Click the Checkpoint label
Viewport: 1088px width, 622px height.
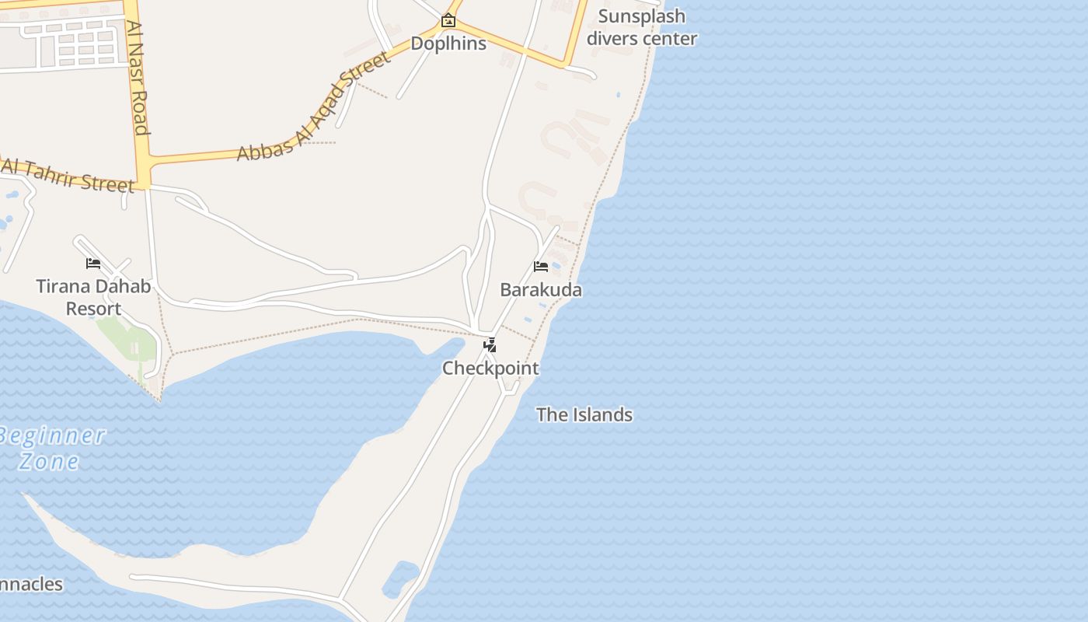(490, 368)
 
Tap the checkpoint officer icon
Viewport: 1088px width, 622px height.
(490, 344)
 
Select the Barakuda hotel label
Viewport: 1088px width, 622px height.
(541, 290)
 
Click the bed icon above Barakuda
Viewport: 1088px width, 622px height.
(541, 267)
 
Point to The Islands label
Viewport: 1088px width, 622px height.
(584, 414)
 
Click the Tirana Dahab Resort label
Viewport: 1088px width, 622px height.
(93, 297)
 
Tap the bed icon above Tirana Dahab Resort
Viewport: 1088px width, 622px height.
(93, 263)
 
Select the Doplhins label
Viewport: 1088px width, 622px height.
(448, 44)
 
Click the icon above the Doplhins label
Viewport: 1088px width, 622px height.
(448, 20)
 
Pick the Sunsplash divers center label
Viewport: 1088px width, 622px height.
(642, 27)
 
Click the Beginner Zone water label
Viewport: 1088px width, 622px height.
(51, 448)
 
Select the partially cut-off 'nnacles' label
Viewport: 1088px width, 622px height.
(31, 584)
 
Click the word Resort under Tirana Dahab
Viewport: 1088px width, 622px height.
(93, 309)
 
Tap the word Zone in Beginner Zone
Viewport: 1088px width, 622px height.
(48, 461)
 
